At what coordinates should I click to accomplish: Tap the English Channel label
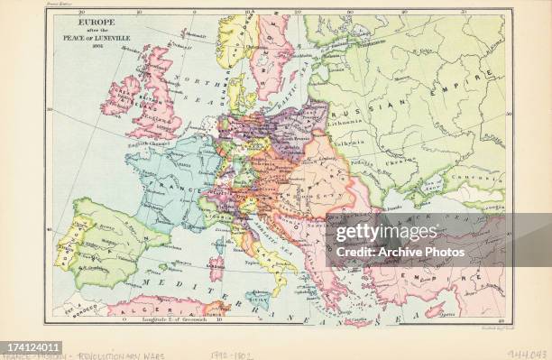click(143, 143)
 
